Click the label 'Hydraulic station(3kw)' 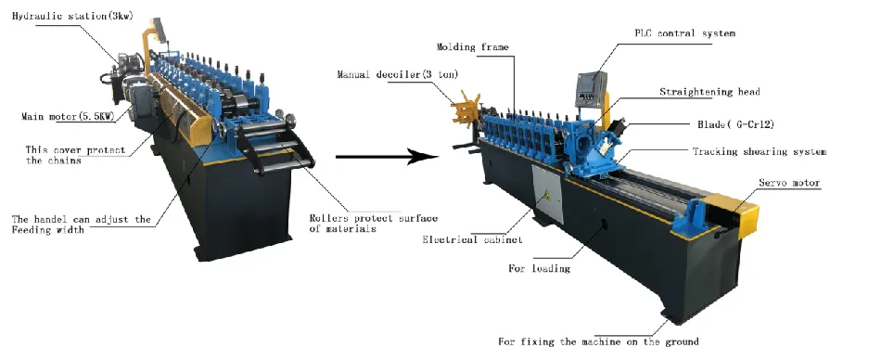(72, 16)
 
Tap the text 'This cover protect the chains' (75, 155)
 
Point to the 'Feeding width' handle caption (82, 224)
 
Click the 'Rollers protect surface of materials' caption (374, 223)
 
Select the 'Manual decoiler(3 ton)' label (397, 74)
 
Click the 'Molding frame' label (473, 46)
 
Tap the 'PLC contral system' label (685, 33)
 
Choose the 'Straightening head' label (709, 92)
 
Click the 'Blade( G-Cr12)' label (736, 124)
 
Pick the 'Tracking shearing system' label (760, 151)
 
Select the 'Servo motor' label (789, 183)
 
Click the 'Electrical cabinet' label (473, 239)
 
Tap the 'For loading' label (540, 268)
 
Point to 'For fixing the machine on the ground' (598, 341)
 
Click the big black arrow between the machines (387, 157)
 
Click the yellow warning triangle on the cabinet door (546, 195)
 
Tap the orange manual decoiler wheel (466, 109)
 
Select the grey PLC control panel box (591, 89)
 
